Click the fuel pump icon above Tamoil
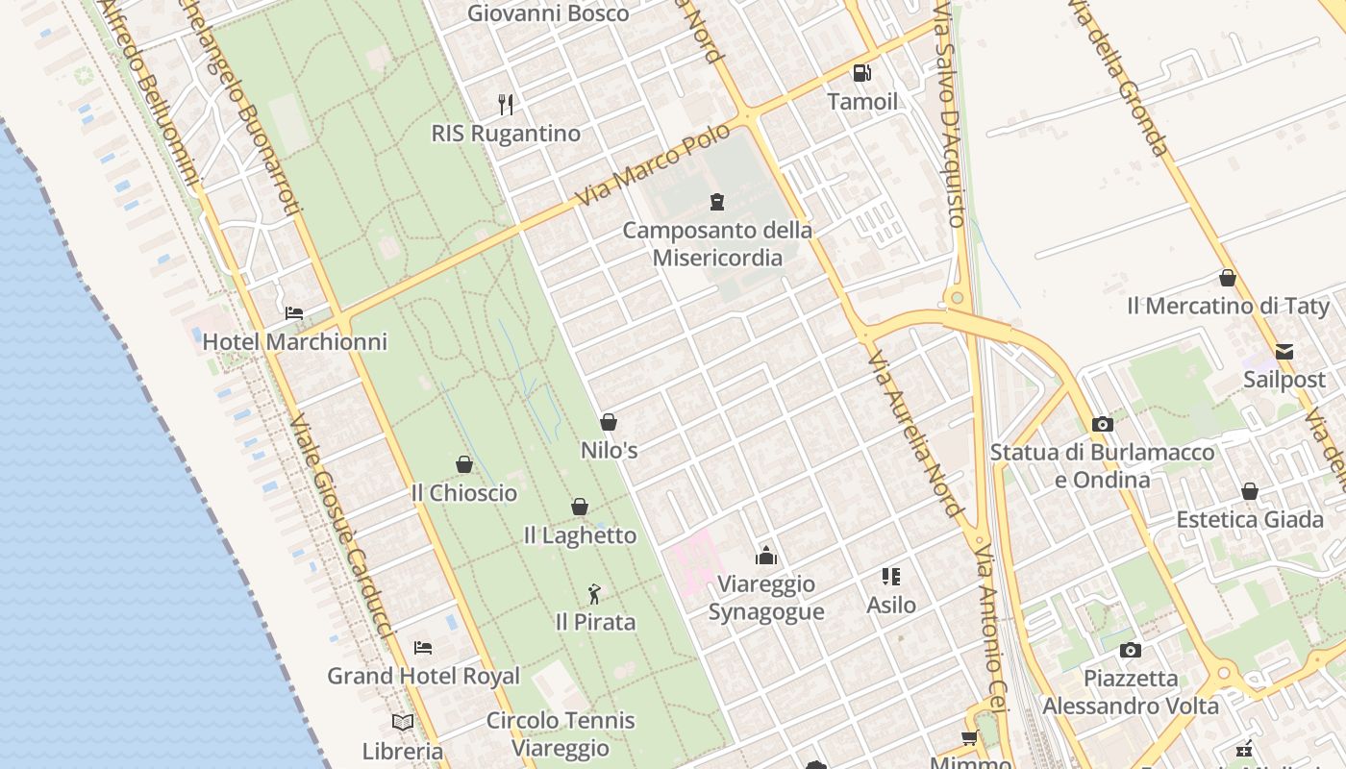(x=862, y=73)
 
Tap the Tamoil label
(x=862, y=102)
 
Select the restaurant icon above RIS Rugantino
(x=506, y=104)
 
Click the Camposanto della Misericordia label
(x=717, y=244)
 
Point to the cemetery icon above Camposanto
(x=716, y=202)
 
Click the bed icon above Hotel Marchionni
(x=294, y=313)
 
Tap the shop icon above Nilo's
(x=609, y=422)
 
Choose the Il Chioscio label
(x=463, y=493)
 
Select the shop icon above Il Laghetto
(x=580, y=507)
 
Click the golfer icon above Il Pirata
(x=595, y=594)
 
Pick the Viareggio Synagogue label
(x=766, y=598)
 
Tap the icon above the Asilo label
(x=891, y=577)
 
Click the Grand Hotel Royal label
(x=423, y=676)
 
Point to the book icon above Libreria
(x=403, y=722)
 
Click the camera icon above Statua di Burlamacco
(x=1103, y=424)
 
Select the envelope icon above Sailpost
(x=1284, y=352)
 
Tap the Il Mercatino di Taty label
(x=1228, y=307)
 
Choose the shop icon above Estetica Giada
(x=1250, y=492)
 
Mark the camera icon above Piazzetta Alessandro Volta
(x=1131, y=651)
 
